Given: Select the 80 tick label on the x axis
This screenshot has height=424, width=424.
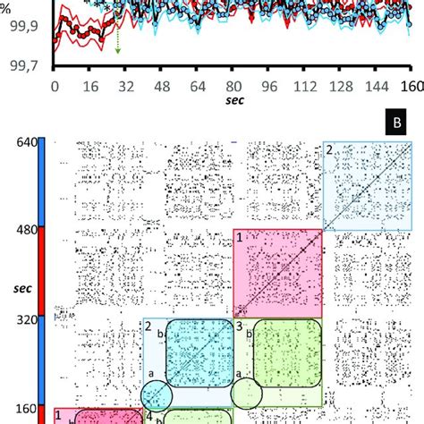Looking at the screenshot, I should [x=233, y=88].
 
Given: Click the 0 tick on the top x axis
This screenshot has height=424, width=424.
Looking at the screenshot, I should [x=55, y=88].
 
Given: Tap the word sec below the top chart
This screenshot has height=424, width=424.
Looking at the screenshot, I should [x=233, y=104].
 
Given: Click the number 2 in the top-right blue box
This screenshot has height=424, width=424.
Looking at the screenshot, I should [x=329, y=150].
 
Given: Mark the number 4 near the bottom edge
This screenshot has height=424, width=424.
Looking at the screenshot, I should [x=148, y=417].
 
